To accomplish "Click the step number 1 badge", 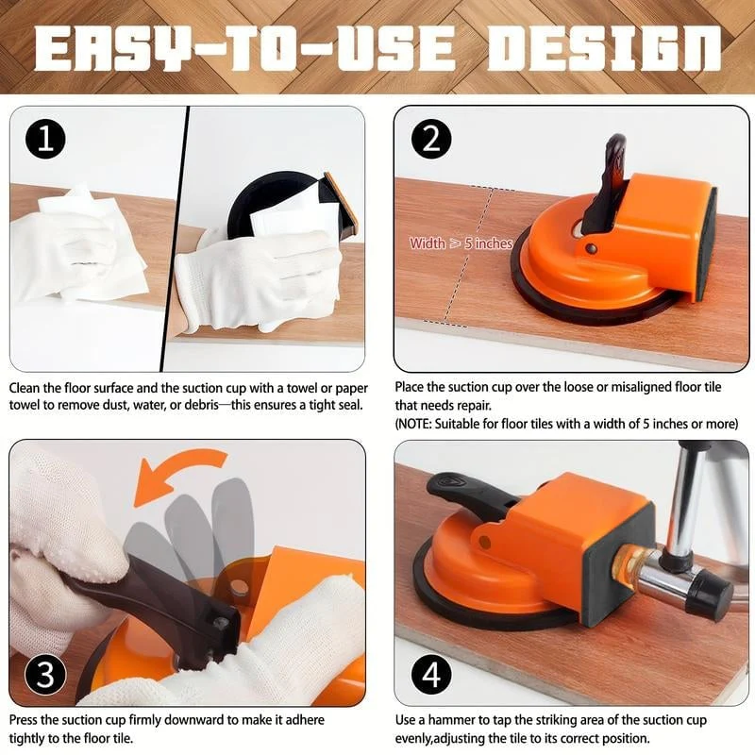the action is [x=45, y=139].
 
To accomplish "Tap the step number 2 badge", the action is [x=431, y=139].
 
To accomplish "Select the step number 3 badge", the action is [x=45, y=674].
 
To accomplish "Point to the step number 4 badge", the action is [x=431, y=674].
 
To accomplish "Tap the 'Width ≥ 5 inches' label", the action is [x=461, y=243].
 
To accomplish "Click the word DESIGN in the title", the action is [x=604, y=48].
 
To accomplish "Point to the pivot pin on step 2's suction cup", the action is [x=591, y=249].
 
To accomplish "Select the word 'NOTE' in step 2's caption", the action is [x=415, y=424].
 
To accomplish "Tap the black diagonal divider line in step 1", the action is [x=174, y=239].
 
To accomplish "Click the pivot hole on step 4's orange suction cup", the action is [x=485, y=542].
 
